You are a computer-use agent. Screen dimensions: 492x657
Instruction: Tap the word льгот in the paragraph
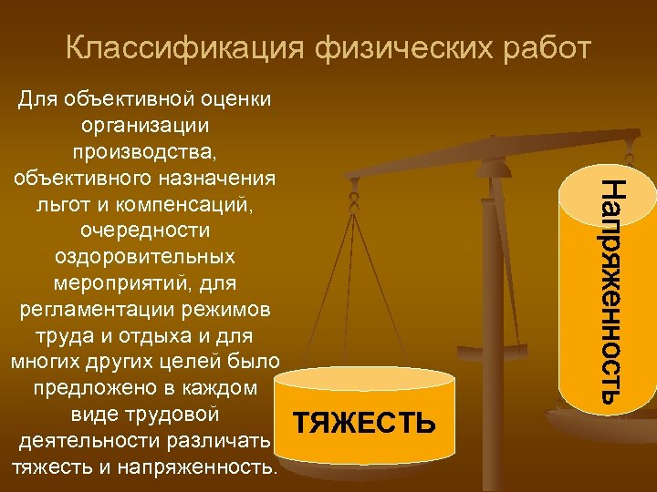point(63,205)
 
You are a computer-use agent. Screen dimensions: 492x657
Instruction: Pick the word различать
point(220,442)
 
